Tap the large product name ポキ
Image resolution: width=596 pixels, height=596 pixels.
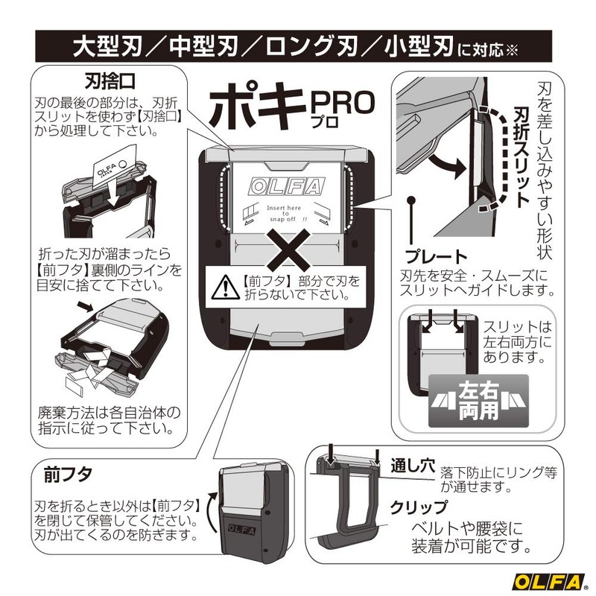coord(256,111)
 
